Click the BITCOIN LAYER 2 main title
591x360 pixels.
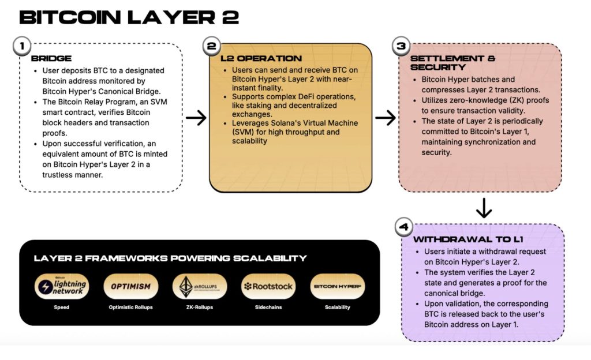tap(129, 17)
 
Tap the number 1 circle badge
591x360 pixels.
tap(21, 45)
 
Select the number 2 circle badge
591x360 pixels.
tap(211, 45)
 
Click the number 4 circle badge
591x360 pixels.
tap(403, 227)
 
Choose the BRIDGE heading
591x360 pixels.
tap(51, 58)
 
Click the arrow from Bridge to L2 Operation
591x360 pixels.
tap(196, 118)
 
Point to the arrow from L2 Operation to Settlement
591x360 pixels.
tap(385, 118)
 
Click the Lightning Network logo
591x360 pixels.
tap(61, 286)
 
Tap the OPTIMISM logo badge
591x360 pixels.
tap(130, 286)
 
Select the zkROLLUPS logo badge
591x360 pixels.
tap(200, 286)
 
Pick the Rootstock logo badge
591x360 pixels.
tap(268, 286)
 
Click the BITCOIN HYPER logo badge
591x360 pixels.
tap(337, 286)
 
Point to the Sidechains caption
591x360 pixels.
tap(268, 307)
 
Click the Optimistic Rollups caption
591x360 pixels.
tap(130, 307)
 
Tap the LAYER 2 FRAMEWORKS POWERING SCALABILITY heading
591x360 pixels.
tap(170, 258)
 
